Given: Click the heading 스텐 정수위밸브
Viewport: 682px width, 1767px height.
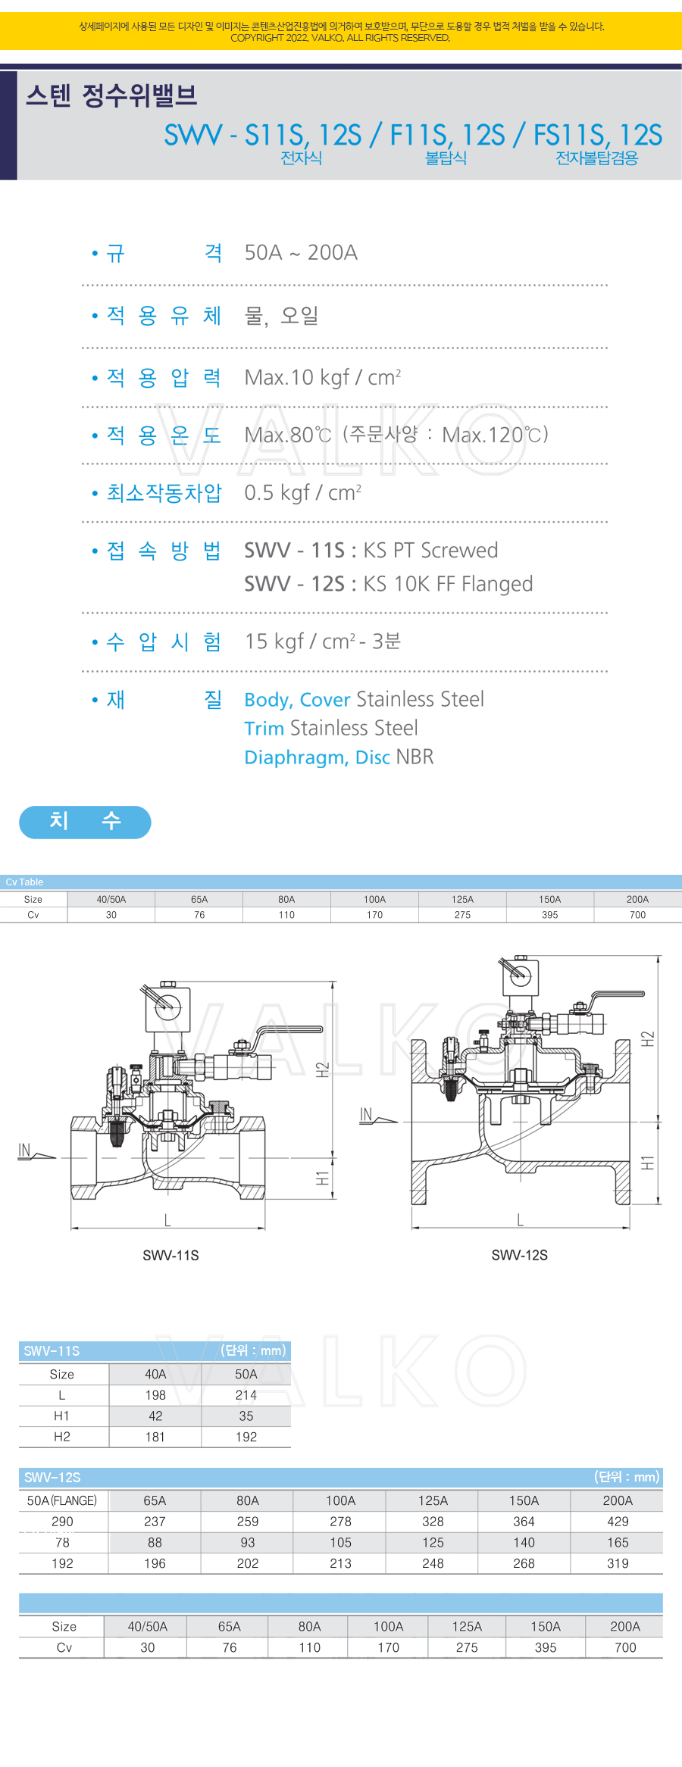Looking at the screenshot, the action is (111, 95).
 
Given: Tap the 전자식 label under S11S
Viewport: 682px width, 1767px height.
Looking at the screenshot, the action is (301, 158).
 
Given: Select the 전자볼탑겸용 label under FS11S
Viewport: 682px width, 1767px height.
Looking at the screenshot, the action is (596, 158).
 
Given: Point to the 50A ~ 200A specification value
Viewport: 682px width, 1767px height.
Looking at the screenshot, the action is (301, 252).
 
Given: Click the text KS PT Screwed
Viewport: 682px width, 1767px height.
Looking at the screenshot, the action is (430, 551).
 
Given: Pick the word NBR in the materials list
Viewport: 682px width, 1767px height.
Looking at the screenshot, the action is (415, 757).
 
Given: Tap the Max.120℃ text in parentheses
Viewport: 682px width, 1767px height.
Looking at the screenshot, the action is (493, 435).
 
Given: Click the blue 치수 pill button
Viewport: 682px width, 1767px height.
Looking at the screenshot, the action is (85, 822).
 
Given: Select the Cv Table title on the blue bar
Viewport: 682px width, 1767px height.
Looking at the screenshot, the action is (24, 882).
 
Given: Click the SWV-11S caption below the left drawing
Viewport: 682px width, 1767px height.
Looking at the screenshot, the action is (170, 1256).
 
